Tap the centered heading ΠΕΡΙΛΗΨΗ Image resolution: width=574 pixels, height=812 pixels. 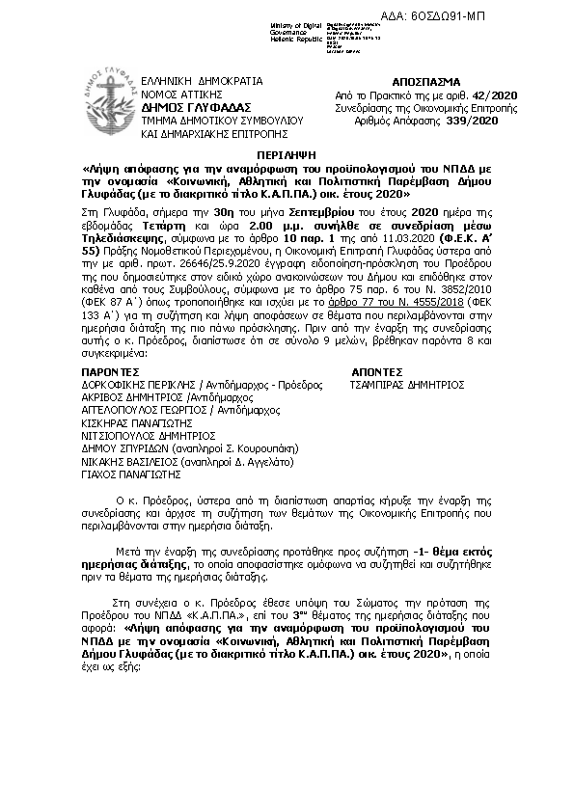click(x=287, y=153)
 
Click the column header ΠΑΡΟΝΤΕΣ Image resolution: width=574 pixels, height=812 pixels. click(x=112, y=370)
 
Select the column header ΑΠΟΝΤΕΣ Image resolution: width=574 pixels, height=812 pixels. click(x=377, y=370)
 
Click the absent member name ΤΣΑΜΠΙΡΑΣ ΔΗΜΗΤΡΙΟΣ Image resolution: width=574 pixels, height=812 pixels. click(x=411, y=384)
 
